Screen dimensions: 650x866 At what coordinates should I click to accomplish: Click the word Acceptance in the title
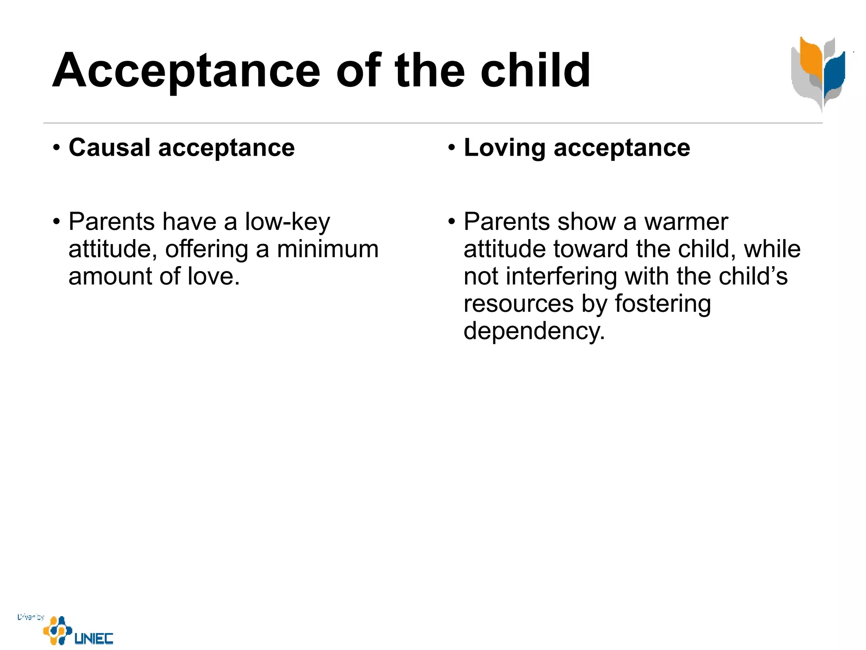[x=186, y=71]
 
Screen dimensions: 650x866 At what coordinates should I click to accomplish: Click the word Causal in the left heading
[x=110, y=148]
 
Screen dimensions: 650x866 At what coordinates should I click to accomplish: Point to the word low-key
[x=288, y=223]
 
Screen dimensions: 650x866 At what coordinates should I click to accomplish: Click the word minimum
[x=328, y=249]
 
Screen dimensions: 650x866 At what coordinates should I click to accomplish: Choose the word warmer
[x=686, y=222]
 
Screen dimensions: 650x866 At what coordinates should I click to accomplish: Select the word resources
[x=518, y=304]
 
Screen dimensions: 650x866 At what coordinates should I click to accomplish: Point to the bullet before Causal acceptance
[x=56, y=149]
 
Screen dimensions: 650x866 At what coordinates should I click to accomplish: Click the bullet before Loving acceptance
[x=452, y=149]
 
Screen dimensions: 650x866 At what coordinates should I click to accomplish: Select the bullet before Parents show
[x=452, y=222]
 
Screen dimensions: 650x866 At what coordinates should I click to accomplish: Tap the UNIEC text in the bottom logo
[x=94, y=638]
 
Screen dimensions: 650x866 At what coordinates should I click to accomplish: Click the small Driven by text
[x=30, y=617]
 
